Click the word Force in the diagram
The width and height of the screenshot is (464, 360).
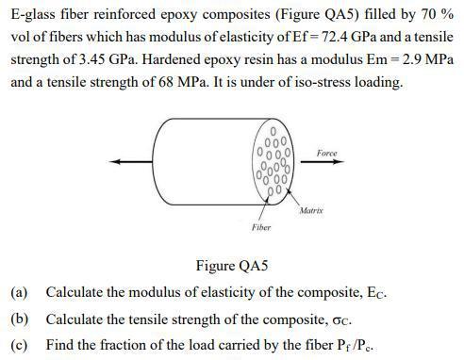pyautogui.click(x=326, y=153)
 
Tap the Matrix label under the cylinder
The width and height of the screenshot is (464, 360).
pyautogui.click(x=311, y=210)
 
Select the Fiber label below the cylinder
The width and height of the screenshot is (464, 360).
pyautogui.click(x=261, y=227)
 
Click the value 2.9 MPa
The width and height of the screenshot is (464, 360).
pyautogui.click(x=425, y=59)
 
